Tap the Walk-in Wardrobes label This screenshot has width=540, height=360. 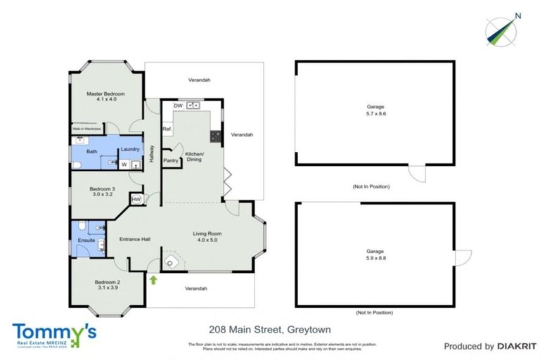point(88,129)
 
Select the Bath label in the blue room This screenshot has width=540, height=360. point(91,151)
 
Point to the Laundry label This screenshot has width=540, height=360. point(129,149)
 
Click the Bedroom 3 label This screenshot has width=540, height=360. point(102,191)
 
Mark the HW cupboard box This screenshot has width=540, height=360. point(136,200)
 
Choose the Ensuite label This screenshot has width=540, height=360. point(86,240)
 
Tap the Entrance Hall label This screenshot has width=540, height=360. point(134,239)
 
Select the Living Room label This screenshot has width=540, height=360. point(207,237)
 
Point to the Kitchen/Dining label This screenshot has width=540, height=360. point(194,157)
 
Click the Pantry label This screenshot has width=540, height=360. point(171,160)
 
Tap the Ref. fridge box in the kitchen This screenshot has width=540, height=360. point(167,129)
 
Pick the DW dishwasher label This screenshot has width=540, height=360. point(178,105)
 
